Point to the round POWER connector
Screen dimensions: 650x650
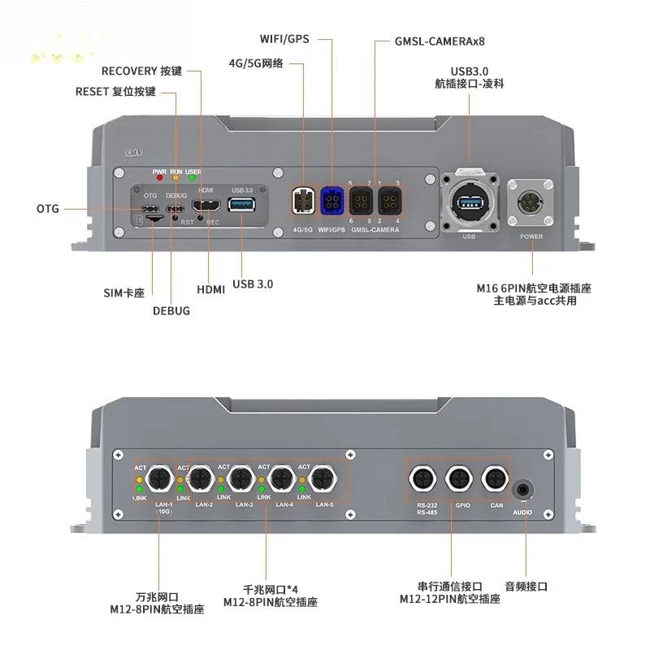pyautogui.click(x=532, y=201)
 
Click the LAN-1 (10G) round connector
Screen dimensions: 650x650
pyautogui.click(x=159, y=481)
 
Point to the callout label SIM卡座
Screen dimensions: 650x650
pyautogui.click(x=124, y=292)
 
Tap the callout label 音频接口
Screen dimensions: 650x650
pyautogui.click(x=526, y=586)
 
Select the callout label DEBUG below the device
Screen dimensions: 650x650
pyautogui.click(x=171, y=310)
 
